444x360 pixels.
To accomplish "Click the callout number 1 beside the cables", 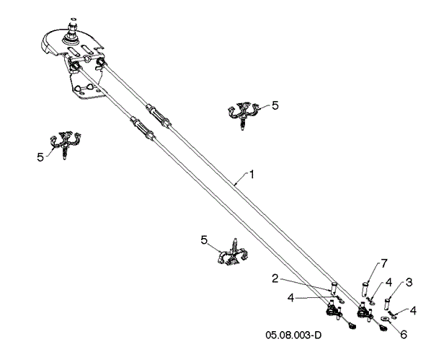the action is pyautogui.click(x=252, y=173).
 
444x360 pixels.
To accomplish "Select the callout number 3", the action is pyautogui.click(x=409, y=281).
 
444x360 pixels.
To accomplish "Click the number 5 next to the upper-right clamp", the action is pyautogui.click(x=274, y=105).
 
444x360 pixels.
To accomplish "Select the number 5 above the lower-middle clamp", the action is pyautogui.click(x=205, y=239).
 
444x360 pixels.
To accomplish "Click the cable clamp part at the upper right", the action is pyautogui.click(x=243, y=114).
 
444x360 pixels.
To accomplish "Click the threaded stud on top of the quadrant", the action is pyautogui.click(x=74, y=28).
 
